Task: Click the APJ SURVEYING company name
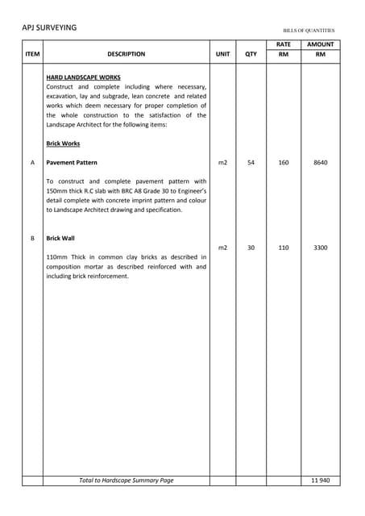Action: point(49,27)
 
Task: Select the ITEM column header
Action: point(32,54)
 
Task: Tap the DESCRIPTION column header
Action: point(126,54)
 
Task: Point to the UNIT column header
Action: point(222,54)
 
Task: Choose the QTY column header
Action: point(251,54)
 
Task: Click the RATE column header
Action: point(284,44)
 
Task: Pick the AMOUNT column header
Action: point(320,44)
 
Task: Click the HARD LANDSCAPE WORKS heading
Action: point(84,77)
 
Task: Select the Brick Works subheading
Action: point(63,143)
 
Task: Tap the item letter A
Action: point(32,162)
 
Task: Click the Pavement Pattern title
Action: point(72,162)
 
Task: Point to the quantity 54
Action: point(251,162)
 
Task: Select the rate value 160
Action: point(284,162)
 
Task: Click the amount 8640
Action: point(320,162)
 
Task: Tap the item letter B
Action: point(32,239)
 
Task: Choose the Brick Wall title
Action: point(60,239)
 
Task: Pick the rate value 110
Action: point(284,248)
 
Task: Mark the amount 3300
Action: point(320,248)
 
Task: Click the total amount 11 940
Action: point(320,481)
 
